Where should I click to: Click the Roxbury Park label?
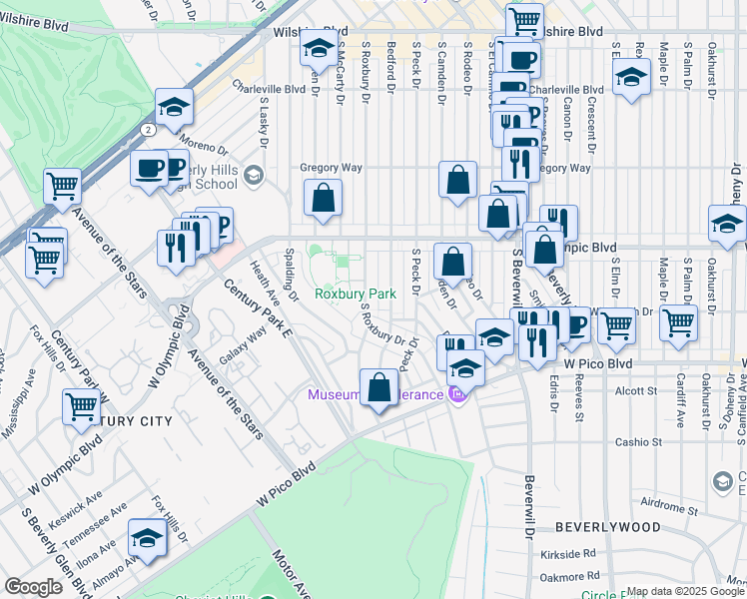357,294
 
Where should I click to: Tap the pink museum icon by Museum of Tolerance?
458,395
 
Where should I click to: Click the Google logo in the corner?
33,587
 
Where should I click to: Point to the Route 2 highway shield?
148,130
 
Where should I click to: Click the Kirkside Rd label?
575,551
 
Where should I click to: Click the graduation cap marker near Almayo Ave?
148,538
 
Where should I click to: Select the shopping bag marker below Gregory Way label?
324,199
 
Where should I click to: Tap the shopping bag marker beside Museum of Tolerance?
379,387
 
